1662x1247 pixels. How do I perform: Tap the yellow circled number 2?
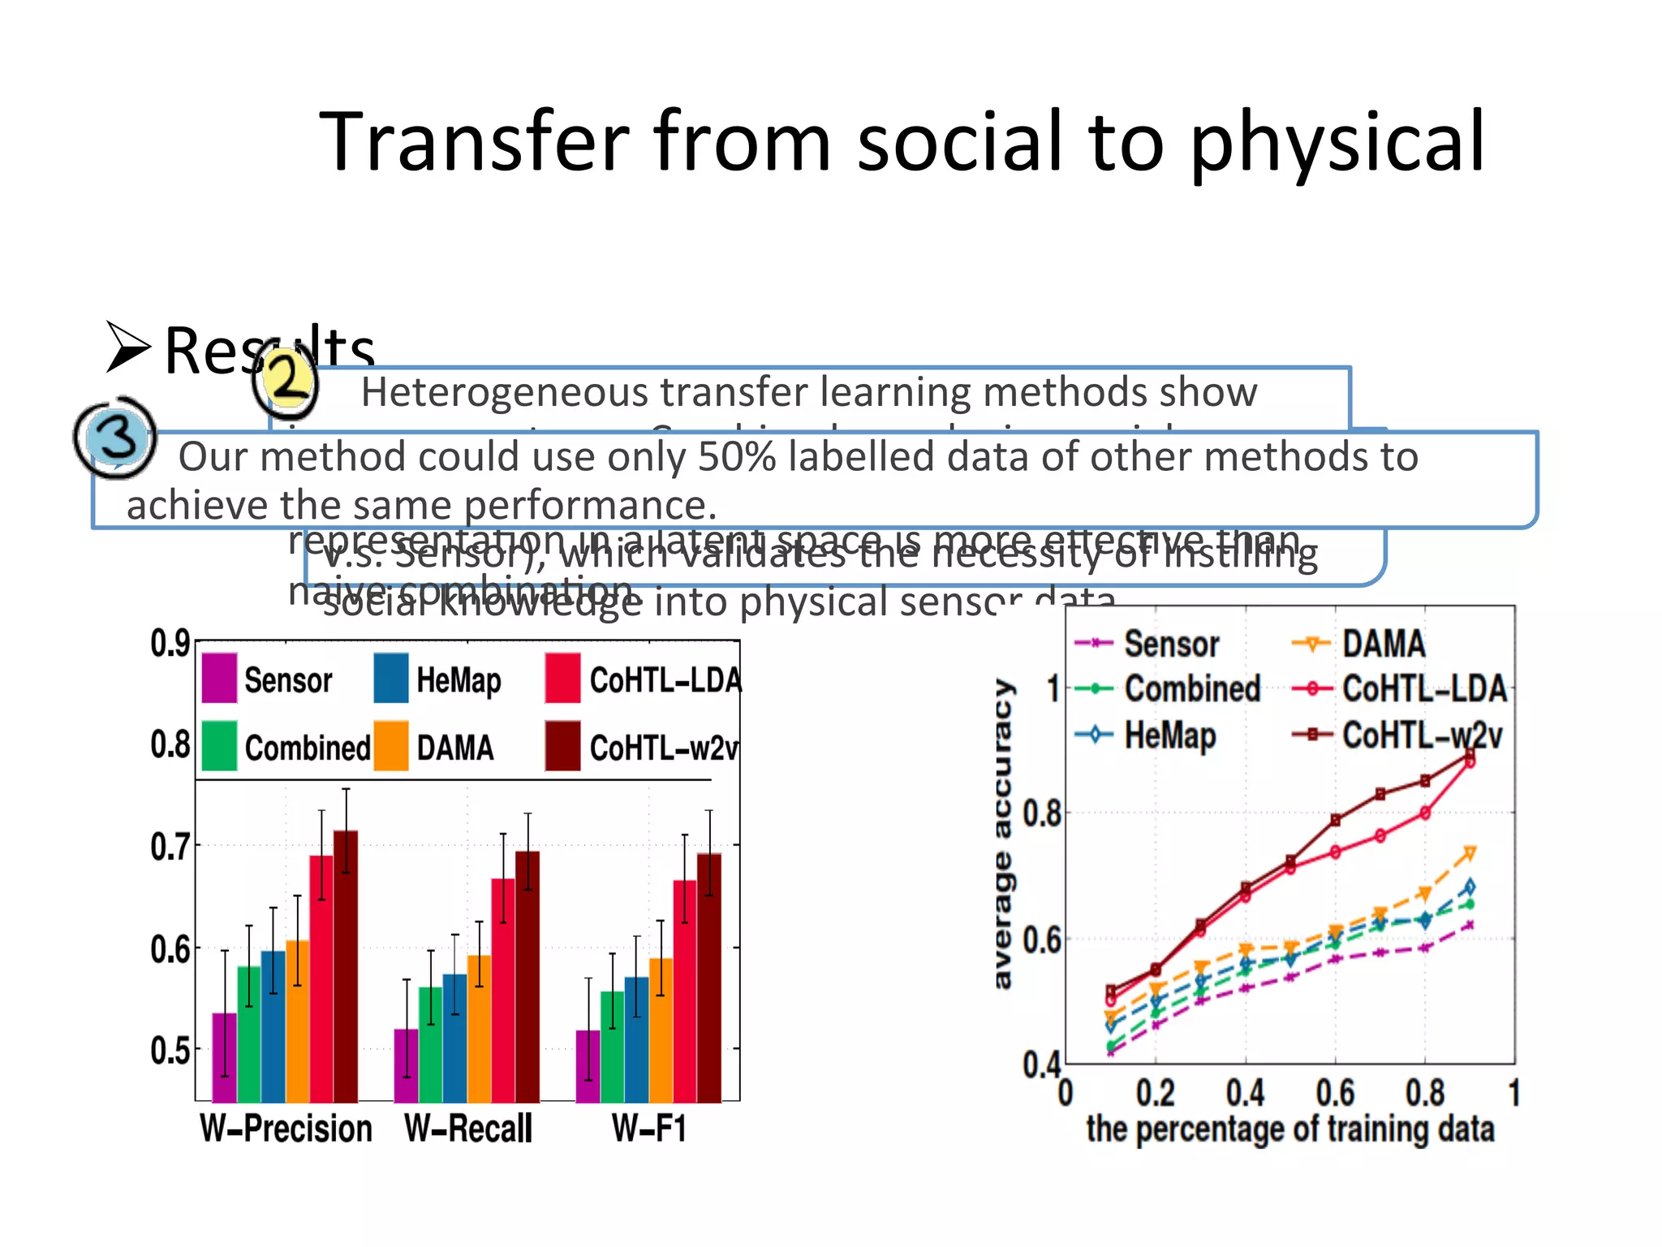286,379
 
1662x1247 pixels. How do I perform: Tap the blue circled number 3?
116,437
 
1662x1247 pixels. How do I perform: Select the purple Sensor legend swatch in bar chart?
219,678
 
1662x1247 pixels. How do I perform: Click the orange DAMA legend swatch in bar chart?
391,746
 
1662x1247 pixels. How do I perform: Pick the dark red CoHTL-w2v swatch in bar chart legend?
562,746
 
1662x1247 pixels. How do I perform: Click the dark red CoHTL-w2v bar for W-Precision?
346,966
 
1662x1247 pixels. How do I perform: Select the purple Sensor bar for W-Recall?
406,1065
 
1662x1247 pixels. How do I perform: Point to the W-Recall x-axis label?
468,1129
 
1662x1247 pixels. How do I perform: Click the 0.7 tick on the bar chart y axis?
170,847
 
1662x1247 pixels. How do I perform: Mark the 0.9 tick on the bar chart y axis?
170,644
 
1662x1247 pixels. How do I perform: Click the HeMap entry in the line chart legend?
1169,736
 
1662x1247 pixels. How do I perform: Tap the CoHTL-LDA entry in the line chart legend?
1424,688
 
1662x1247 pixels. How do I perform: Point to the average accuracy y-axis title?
1003,834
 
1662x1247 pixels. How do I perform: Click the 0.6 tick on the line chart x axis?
1335,1093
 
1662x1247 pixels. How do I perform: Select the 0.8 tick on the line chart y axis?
1042,813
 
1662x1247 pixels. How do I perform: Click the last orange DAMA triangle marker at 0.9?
1470,853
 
